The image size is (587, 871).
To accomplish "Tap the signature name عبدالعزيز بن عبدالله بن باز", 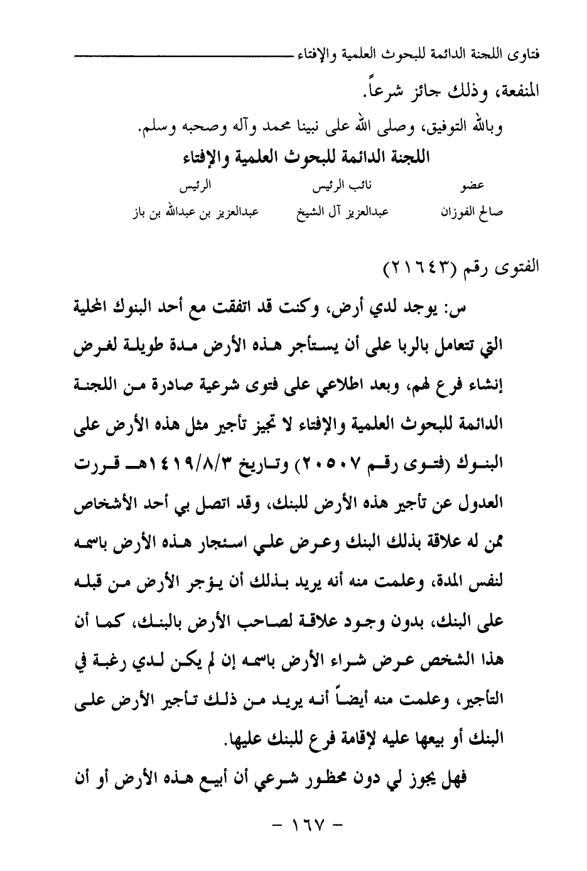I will coord(195,212).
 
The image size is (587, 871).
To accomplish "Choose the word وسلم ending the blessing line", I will coord(156,126).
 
